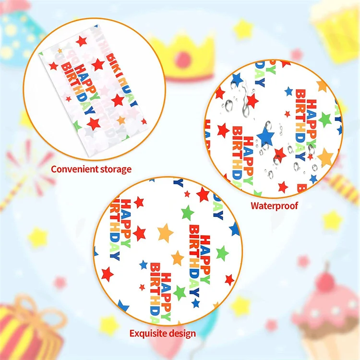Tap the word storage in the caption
click(x=114, y=169)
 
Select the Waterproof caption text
click(x=274, y=205)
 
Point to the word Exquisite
click(x=148, y=333)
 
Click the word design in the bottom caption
click(x=181, y=333)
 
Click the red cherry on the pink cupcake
click(x=326, y=277)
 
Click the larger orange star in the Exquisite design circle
click(x=165, y=233)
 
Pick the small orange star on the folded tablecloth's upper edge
click(x=60, y=50)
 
